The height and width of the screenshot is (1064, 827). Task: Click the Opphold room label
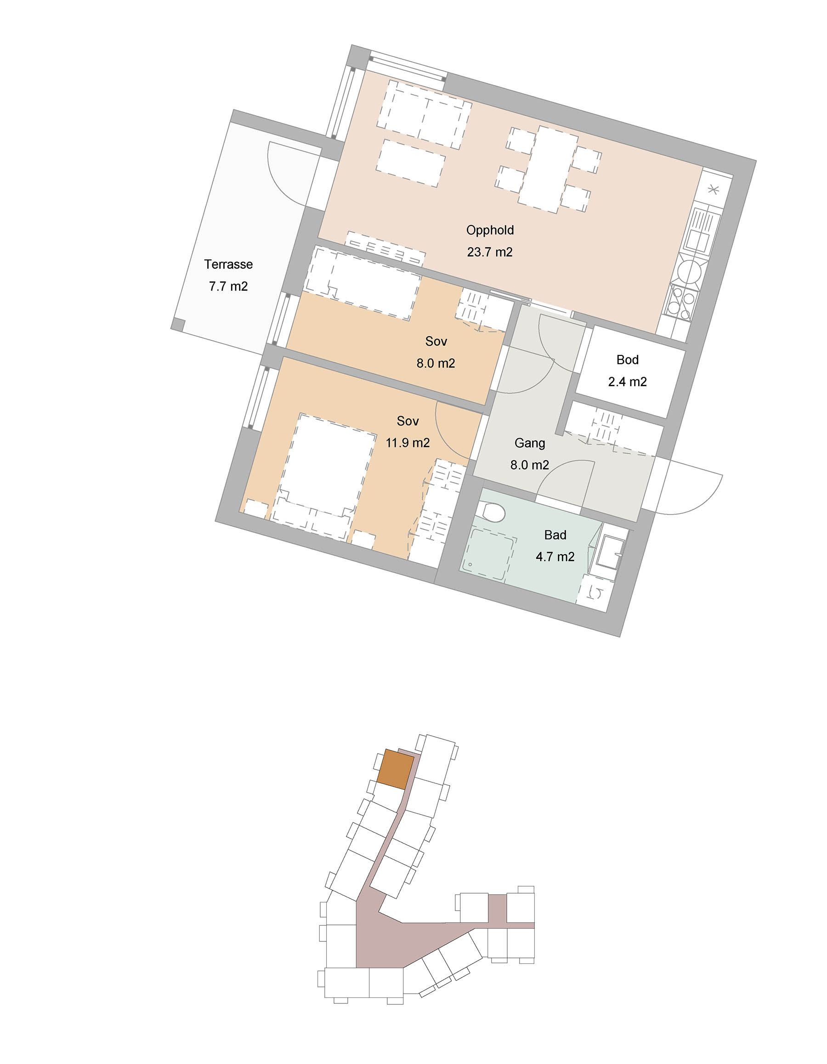tap(490, 230)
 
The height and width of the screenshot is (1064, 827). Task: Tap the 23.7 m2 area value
tap(490, 252)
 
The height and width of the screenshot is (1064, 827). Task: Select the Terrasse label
tap(228, 264)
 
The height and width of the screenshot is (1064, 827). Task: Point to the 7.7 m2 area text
tap(228, 286)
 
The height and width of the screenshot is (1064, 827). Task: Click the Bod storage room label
tap(627, 360)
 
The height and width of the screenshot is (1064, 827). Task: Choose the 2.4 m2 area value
tap(627, 382)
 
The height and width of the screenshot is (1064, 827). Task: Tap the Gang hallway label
tap(530, 443)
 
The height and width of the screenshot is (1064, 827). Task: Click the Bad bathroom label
tap(555, 535)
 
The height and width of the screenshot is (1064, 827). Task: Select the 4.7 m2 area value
tap(555, 557)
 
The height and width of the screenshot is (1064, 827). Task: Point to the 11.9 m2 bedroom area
tap(408, 443)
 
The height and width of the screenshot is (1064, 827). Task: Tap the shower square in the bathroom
tap(488, 555)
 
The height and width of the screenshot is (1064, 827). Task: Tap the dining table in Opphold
tap(548, 169)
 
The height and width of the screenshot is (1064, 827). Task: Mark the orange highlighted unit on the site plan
tap(396, 769)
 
